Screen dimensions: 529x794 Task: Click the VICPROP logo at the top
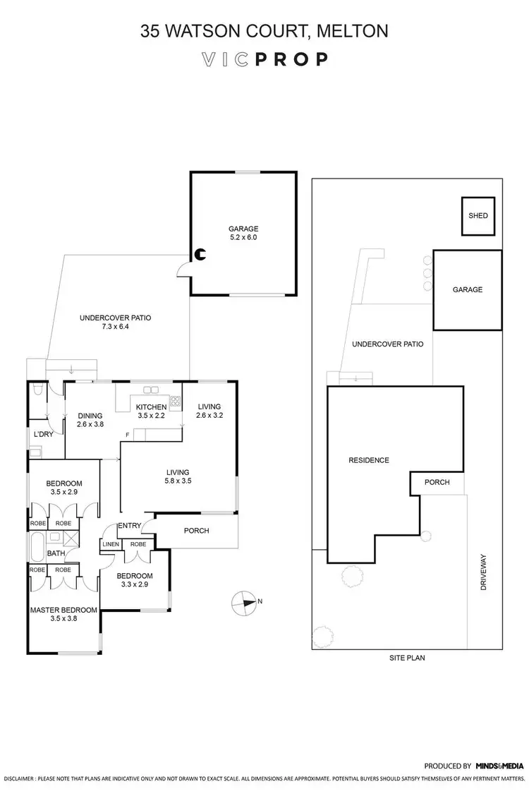(x=264, y=59)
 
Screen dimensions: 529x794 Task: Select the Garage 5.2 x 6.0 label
(x=243, y=233)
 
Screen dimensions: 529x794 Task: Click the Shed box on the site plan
(x=478, y=216)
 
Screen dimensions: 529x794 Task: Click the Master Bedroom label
(x=63, y=614)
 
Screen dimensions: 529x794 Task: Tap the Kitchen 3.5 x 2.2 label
(x=151, y=411)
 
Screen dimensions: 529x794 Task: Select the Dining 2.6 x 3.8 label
(x=90, y=420)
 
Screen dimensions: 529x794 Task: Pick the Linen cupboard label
(x=110, y=545)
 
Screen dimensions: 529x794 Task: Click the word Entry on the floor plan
(x=130, y=525)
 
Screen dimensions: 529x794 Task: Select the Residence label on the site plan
(x=369, y=460)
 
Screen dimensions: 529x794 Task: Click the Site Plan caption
(x=407, y=658)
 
